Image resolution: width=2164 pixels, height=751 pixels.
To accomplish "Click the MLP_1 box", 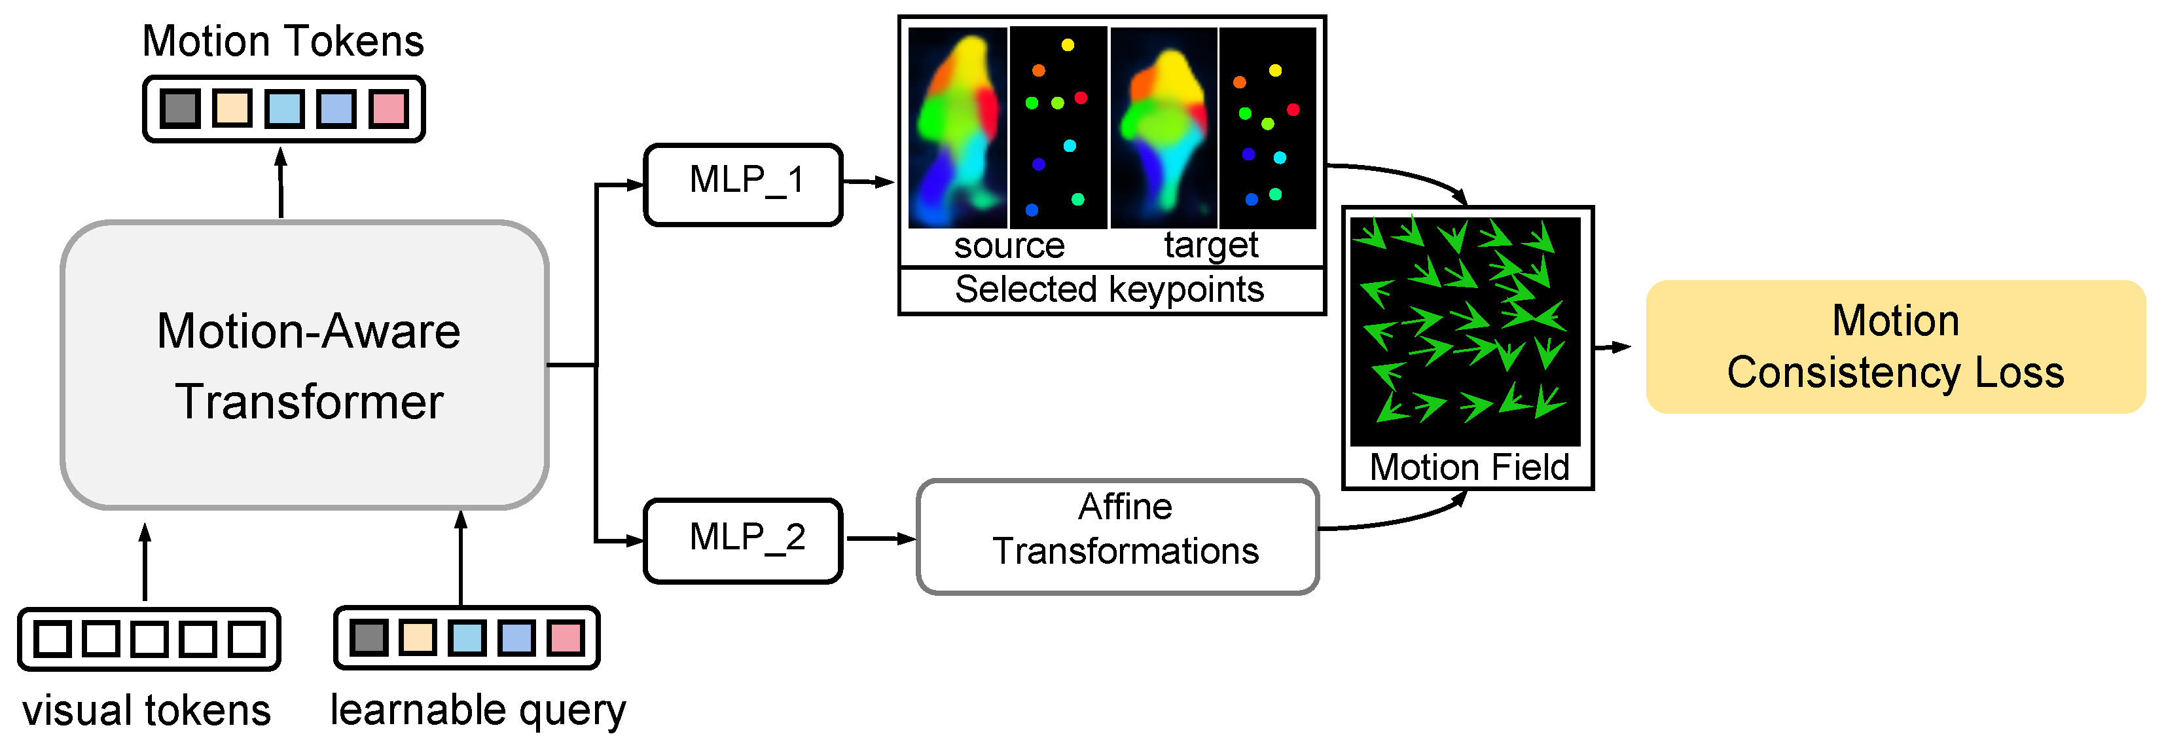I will tap(743, 184).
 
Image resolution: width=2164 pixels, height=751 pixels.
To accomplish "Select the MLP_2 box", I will tap(743, 540).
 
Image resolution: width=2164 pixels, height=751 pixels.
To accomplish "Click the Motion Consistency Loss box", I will tap(1894, 346).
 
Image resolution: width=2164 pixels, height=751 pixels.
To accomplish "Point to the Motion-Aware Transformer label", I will tap(308, 365).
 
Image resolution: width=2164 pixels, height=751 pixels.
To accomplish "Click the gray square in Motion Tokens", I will tap(180, 109).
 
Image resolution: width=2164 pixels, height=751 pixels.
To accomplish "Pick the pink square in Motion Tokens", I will tap(388, 109).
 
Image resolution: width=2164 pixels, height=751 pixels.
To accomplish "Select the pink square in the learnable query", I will tap(566, 638).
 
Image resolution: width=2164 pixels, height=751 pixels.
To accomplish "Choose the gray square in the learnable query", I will tap(368, 638).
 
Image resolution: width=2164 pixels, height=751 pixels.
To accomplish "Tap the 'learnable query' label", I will tap(478, 710).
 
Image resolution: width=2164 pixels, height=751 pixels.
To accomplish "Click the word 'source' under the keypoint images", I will tap(1009, 246).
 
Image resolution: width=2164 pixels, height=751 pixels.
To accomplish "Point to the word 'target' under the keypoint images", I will tap(1210, 246).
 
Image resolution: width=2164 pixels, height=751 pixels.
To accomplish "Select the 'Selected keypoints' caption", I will tap(1109, 290).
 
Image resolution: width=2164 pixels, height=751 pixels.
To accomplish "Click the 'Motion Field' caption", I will tap(1468, 467).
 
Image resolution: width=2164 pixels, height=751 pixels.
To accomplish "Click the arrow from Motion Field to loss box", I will tap(1612, 347).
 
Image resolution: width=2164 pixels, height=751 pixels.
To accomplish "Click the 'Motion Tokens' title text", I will tap(283, 41).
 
